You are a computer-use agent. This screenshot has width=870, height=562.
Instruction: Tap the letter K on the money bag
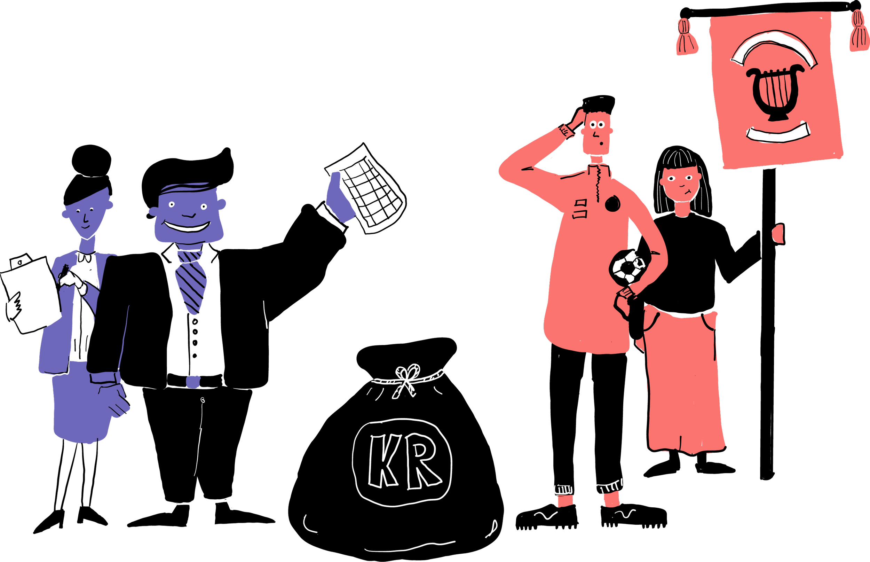(383, 461)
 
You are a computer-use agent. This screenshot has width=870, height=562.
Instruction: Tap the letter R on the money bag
(423, 460)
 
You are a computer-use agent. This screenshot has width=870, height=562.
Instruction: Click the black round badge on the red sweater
(612, 203)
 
